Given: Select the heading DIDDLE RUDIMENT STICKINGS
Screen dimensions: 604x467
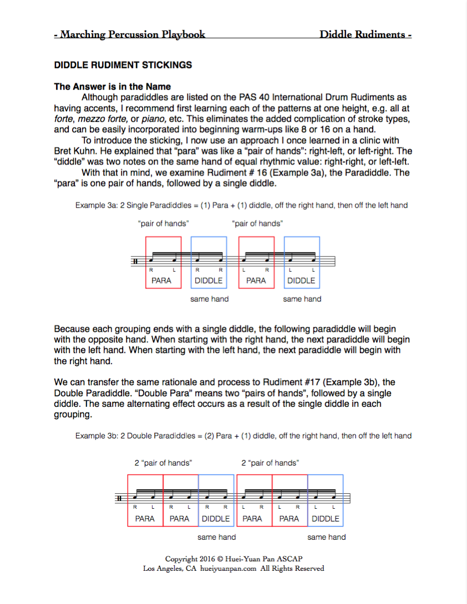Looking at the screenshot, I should point(123,65).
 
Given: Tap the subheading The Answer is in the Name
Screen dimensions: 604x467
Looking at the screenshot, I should point(113,86).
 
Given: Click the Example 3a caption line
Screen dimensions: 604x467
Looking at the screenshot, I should point(241,205).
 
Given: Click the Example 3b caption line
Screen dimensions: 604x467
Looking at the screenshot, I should point(243,436).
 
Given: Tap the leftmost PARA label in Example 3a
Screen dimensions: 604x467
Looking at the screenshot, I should point(162,281).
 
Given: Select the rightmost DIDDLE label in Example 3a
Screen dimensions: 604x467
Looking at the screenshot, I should point(301,281).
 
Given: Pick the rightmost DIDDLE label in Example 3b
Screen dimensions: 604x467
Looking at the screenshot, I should point(326,519).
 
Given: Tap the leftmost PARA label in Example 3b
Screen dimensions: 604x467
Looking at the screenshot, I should point(145,519).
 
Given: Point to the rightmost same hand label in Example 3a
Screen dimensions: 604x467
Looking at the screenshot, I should point(302,299).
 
